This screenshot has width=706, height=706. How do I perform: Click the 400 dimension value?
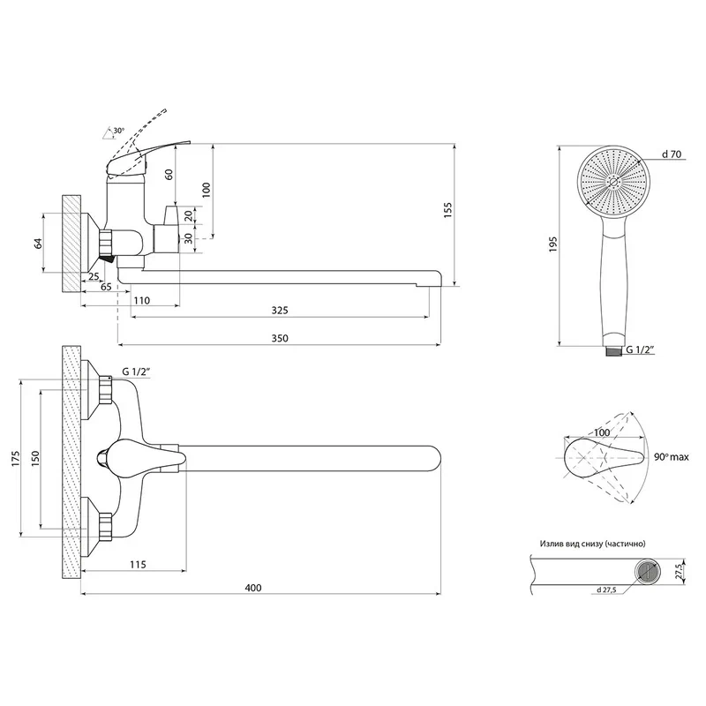click(253, 588)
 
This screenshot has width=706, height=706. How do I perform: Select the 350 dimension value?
click(280, 338)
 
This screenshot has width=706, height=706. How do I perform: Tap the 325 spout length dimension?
click(280, 311)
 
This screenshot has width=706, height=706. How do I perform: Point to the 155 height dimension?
click(447, 210)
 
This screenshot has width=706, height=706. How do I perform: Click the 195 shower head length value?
click(553, 244)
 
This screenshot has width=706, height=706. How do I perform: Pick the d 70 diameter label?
click(672, 154)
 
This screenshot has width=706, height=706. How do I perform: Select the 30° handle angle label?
click(119, 131)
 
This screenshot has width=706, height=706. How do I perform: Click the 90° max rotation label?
click(672, 457)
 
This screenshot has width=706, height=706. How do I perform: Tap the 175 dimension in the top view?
click(16, 458)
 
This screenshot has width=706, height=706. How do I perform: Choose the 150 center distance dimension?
click(35, 458)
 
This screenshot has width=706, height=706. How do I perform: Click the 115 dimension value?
click(138, 564)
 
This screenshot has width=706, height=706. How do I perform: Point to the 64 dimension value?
click(38, 244)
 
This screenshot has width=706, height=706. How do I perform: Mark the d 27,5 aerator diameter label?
click(606, 590)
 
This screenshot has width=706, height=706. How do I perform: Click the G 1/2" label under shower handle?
click(640, 349)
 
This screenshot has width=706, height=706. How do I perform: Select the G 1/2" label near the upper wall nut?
click(136, 372)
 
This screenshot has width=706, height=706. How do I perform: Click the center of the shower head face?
click(612, 182)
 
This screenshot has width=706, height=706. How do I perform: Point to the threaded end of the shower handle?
click(612, 350)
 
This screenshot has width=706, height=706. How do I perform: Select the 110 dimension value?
click(142, 300)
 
